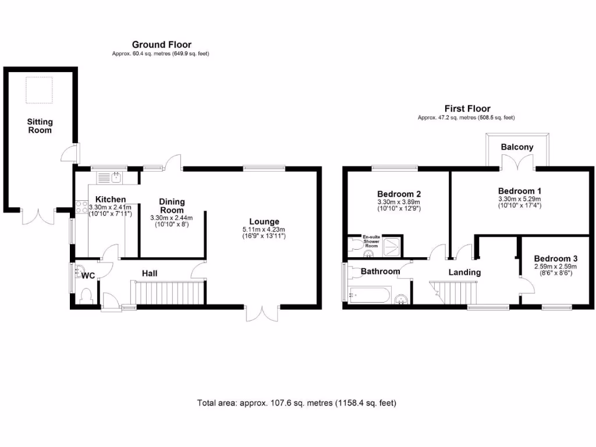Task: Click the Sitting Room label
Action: point(40,126)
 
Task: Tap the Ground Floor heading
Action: point(161,44)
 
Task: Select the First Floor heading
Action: point(467,108)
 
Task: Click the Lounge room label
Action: point(264,221)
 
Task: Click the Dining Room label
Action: point(172,206)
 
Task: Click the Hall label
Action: point(150,274)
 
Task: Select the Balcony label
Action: point(517,147)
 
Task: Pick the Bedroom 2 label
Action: point(399,194)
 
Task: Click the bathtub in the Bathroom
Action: point(368,295)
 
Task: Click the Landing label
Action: point(464,272)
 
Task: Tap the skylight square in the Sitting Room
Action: point(39,90)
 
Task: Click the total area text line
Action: point(297,403)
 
